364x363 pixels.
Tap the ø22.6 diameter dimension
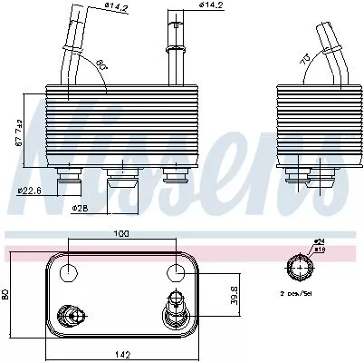coord(31,190)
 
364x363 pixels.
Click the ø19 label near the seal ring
coord(321,247)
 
